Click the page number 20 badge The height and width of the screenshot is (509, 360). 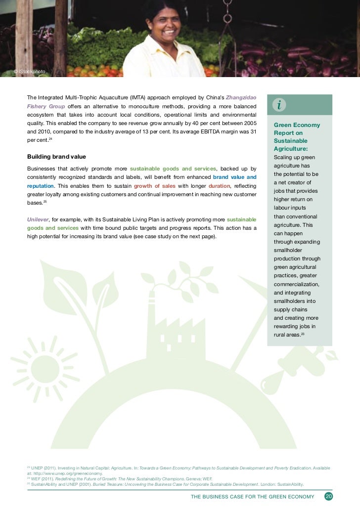click(x=328, y=496)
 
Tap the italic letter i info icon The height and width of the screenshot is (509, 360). click(x=279, y=105)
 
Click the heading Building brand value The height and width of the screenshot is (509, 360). click(x=56, y=157)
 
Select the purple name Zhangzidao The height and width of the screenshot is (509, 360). click(x=241, y=97)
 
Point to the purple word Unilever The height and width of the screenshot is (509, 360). click(x=38, y=219)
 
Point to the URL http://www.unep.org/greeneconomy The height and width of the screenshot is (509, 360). click(x=68, y=473)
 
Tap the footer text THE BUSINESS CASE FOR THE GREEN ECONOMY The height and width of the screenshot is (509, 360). click(x=252, y=496)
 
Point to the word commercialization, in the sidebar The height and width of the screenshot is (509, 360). click(x=296, y=284)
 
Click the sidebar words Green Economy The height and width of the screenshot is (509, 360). click(x=297, y=125)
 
